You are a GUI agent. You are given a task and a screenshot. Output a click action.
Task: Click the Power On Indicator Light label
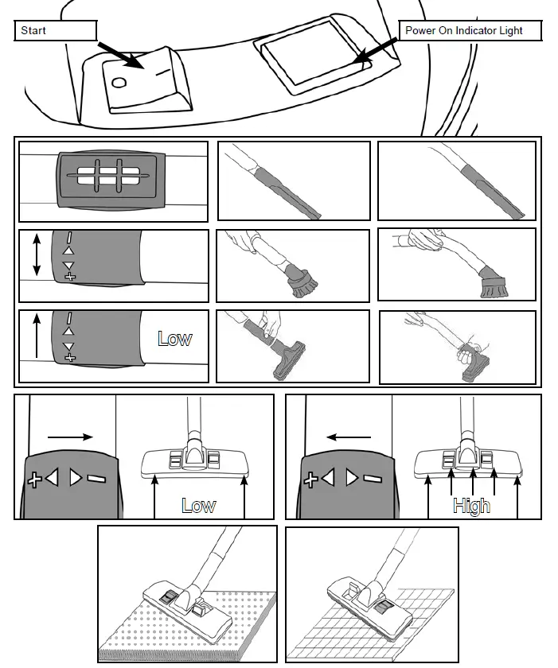coord(470,31)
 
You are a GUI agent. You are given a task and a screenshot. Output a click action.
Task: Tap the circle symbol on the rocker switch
coord(120,83)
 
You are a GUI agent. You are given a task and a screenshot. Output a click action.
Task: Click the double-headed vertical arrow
coord(36,255)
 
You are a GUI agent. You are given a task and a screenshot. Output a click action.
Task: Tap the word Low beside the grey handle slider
coord(174,338)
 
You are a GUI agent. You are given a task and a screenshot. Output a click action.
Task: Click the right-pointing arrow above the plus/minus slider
coord(71,437)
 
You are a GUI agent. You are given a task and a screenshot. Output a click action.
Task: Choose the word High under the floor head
coord(471,506)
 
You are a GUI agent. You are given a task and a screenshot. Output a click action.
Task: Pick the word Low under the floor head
coord(199,506)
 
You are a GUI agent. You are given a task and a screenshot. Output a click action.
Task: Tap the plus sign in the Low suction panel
coord(34,480)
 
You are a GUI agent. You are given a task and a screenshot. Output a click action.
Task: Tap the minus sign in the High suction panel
coord(371,480)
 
